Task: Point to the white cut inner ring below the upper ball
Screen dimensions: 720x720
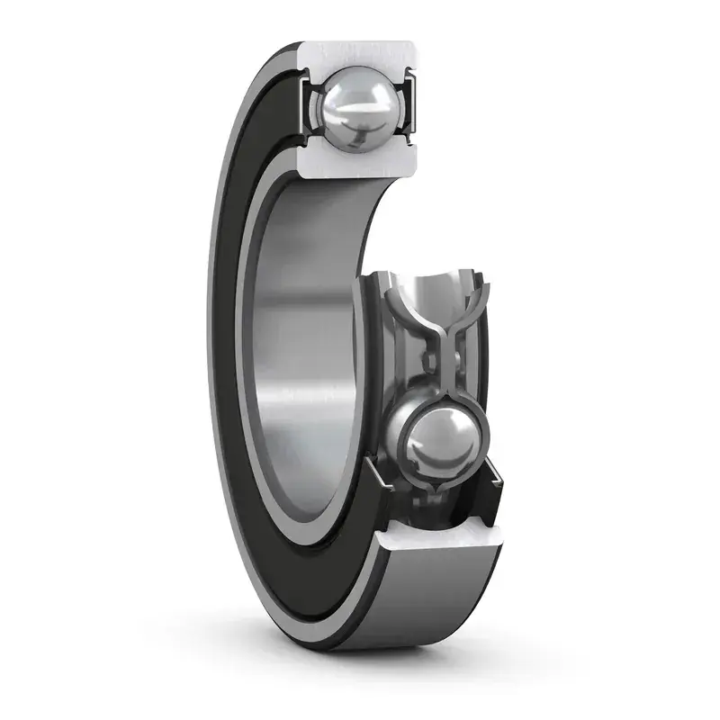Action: pyautogui.click(x=360, y=164)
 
